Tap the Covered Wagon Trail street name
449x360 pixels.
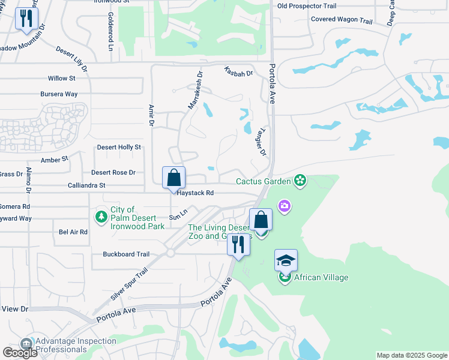(x=342, y=20)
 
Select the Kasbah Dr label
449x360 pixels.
(x=239, y=71)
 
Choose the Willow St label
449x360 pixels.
(x=61, y=79)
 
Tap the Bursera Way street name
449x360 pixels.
(x=59, y=94)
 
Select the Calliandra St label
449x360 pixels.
(x=86, y=186)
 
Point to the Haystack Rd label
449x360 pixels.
(x=194, y=193)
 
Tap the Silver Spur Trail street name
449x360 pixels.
(x=129, y=284)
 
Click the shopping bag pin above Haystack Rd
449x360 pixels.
(x=173, y=178)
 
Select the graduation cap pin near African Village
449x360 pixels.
(x=286, y=260)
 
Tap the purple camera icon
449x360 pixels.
(x=284, y=206)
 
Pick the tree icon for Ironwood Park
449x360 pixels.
(x=101, y=215)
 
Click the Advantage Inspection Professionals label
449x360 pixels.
(x=76, y=345)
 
